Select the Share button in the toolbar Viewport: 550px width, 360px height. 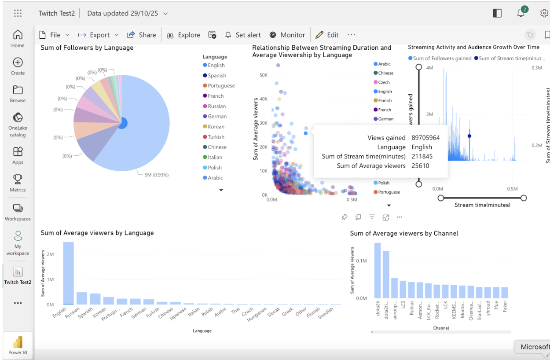coord(142,35)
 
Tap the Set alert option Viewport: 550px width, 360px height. coord(243,35)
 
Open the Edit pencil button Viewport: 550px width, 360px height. coord(327,35)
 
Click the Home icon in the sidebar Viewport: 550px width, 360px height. coord(18,35)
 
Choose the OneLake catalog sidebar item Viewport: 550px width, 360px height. coord(18,118)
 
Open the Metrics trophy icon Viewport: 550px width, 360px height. coord(18,179)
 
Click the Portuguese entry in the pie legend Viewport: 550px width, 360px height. coord(221,86)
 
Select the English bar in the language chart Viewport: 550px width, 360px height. coord(69,273)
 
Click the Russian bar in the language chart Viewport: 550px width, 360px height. coord(82,298)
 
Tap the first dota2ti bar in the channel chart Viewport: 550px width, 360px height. coord(378,270)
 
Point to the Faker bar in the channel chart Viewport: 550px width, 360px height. coord(505,292)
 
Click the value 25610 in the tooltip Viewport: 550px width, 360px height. coord(420,166)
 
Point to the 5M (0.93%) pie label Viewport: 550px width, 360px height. coord(157,175)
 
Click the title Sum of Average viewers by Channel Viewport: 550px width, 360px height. coord(404,233)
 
